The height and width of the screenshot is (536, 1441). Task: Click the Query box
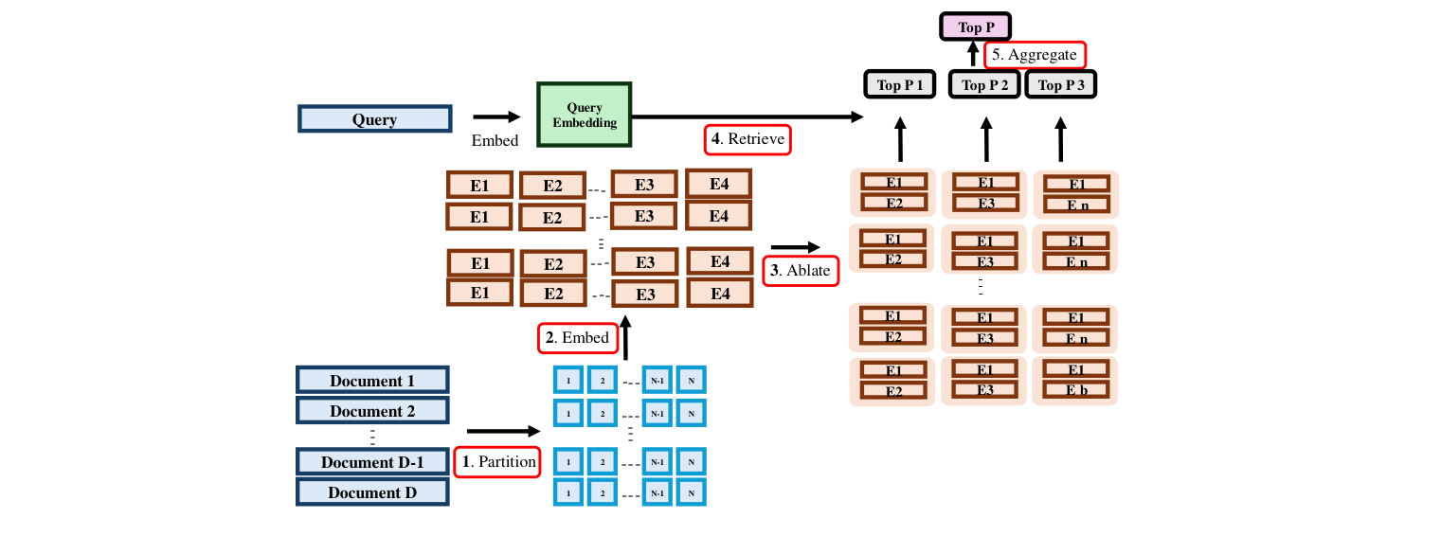point(374,119)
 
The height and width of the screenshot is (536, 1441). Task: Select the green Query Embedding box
point(585,115)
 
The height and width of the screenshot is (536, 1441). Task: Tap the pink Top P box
point(975,27)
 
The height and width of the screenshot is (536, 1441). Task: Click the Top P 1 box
point(900,84)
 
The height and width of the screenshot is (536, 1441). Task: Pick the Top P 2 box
point(985,84)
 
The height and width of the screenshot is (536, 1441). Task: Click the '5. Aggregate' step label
point(1035,55)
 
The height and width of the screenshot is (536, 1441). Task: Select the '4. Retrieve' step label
point(748,139)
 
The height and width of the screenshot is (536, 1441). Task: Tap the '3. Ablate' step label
point(801,271)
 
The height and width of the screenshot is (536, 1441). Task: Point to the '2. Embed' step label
point(576,337)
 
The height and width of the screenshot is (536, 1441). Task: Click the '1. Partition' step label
point(497,462)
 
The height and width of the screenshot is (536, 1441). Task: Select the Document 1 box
point(372,381)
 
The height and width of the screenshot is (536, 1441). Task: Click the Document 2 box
point(372,411)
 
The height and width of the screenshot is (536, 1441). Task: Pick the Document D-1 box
point(372,462)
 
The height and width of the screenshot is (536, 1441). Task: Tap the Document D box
point(372,492)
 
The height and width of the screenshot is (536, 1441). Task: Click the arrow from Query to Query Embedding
point(496,117)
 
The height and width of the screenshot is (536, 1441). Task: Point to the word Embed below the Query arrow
point(495,141)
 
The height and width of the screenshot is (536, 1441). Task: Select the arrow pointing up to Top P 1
point(900,139)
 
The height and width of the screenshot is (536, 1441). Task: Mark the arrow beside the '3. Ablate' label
point(796,246)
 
